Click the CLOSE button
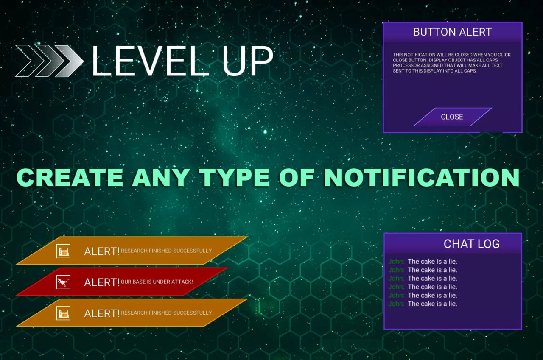click(452, 117)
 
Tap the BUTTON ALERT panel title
click(452, 32)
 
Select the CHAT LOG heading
click(471, 244)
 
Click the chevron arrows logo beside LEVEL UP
click(49, 61)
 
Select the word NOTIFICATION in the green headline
click(422, 178)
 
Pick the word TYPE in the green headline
click(236, 178)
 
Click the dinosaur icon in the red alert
click(63, 282)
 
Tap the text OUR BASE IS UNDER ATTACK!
click(157, 282)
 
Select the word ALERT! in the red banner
click(102, 282)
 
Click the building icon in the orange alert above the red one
click(63, 251)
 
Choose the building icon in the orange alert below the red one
click(63, 313)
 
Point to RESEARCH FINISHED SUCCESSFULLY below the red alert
click(166, 313)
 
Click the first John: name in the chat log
click(396, 262)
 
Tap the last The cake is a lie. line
click(432, 304)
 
